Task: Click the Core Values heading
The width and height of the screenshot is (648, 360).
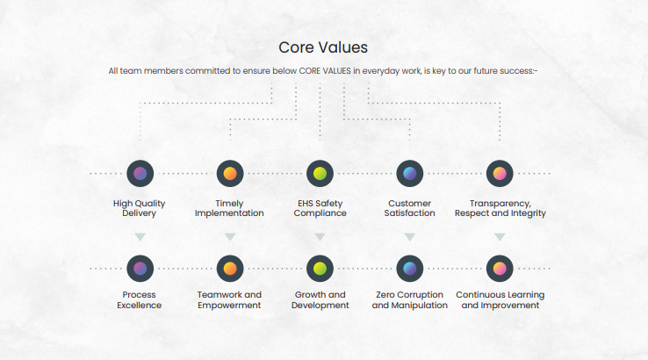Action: coord(323,47)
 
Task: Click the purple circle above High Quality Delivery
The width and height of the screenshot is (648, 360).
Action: coord(140,174)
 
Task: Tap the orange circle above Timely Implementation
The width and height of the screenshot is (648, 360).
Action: coord(230,174)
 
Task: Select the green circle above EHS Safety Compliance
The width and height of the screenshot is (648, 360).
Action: coord(320,174)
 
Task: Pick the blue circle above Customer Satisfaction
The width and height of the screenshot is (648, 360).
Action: coord(409,174)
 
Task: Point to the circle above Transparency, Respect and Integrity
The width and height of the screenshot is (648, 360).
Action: coord(500,174)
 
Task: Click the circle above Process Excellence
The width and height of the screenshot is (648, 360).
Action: coord(140,269)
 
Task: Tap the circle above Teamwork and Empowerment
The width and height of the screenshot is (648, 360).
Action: coord(230,269)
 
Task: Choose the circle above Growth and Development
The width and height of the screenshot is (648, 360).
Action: coord(320,269)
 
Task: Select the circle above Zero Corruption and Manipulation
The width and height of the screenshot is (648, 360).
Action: coord(409,269)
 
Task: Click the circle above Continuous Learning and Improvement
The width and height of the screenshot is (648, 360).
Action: coord(500,269)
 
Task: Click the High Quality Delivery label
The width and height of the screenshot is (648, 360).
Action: coord(140,208)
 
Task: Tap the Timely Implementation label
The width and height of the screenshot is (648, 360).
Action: coord(229,208)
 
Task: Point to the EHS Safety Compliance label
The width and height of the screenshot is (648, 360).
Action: coord(320,208)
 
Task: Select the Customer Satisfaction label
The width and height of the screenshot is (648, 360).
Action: coord(409,208)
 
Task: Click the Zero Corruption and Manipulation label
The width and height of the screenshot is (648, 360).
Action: coord(409,300)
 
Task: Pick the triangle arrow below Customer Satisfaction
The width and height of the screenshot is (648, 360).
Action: coord(409,237)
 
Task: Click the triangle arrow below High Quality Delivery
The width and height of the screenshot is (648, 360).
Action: coord(140,237)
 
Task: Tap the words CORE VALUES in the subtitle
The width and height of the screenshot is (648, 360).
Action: coord(325,70)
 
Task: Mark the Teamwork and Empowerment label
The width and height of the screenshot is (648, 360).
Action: coord(229,300)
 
